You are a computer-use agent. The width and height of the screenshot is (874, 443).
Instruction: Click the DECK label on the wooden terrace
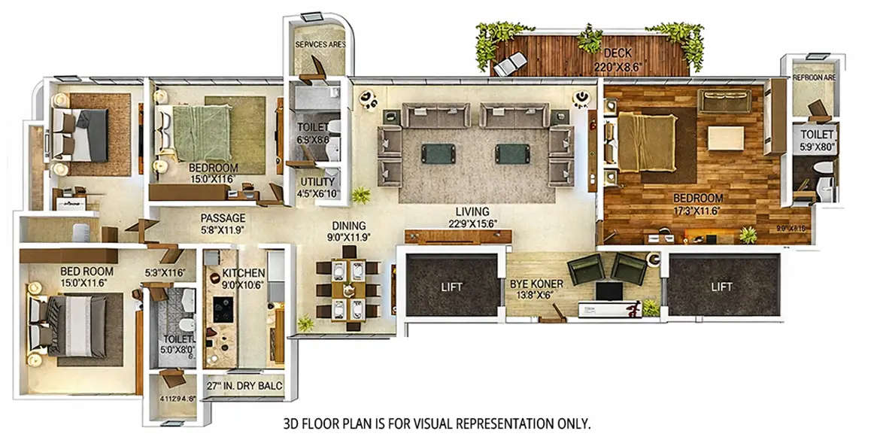[x=618, y=53]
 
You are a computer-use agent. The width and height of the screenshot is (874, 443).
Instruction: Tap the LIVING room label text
[x=472, y=211]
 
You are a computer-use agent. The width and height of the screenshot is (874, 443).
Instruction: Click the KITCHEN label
[x=243, y=272]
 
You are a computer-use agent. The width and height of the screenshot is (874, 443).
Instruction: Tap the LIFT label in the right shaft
[x=721, y=287]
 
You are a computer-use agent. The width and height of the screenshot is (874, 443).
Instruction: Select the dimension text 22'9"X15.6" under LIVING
[x=472, y=223]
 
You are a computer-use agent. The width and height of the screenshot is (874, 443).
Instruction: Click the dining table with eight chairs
[x=347, y=289]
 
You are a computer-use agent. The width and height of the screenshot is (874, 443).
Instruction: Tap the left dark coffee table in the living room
[x=435, y=153]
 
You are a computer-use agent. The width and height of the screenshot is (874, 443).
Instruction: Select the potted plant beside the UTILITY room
[x=362, y=195]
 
